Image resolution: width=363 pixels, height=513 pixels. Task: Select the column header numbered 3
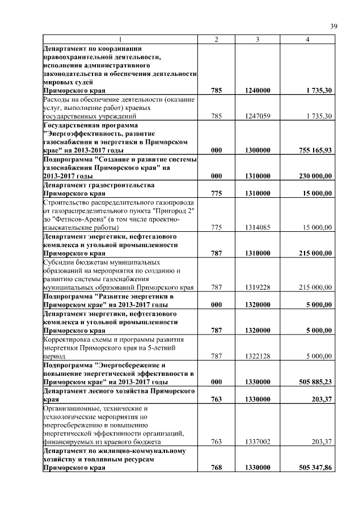[x=258, y=40]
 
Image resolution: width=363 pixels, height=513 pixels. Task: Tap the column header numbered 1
[x=120, y=40]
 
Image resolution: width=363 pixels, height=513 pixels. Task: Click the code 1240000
[x=258, y=90]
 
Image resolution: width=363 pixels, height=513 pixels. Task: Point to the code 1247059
[x=258, y=116]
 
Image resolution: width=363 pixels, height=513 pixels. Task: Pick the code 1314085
[x=258, y=227]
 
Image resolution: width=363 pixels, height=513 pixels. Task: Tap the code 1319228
[x=258, y=287]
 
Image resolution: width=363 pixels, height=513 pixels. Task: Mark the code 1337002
[x=258, y=442]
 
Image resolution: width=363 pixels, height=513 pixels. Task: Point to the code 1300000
[x=258, y=150]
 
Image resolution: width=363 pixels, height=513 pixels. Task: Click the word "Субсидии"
[x=59, y=262]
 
